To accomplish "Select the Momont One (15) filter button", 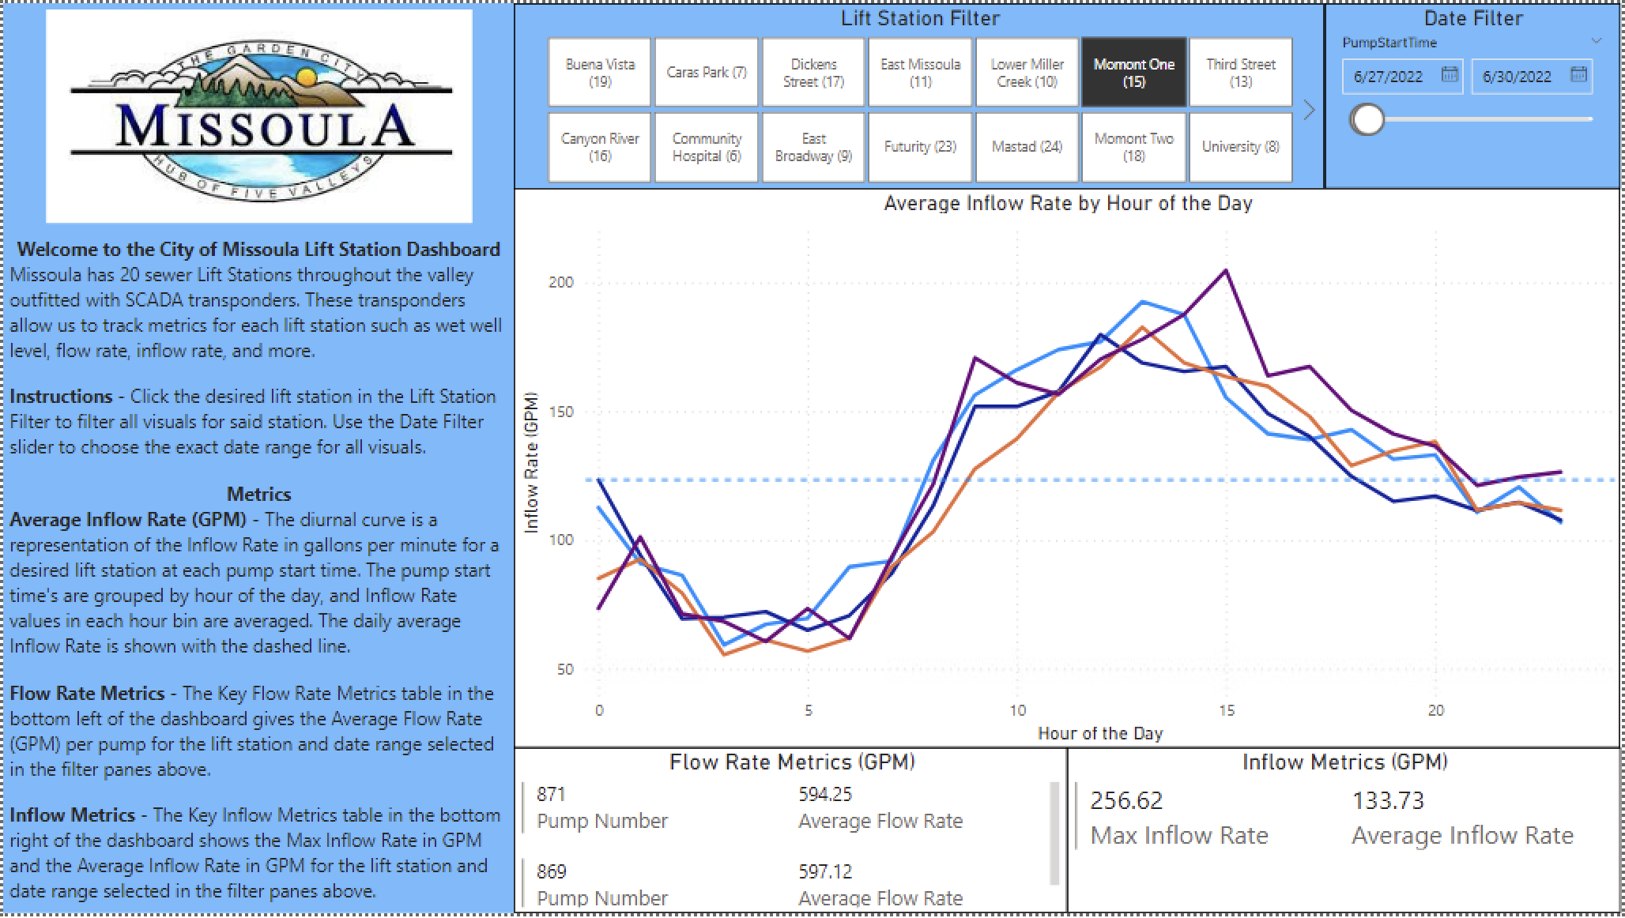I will click(1133, 73).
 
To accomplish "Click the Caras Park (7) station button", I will click(706, 73).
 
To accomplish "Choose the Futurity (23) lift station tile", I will click(920, 147).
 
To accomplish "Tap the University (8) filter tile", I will click(1240, 147).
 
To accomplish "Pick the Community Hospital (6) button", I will click(706, 147).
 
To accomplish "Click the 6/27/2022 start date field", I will click(1389, 77).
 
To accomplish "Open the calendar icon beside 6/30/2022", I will click(1578, 75).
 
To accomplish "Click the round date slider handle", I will click(1367, 119).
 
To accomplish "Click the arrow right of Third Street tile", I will click(1308, 110).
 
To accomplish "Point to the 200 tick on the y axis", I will click(560, 283).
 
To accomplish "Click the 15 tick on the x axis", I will click(1226, 711).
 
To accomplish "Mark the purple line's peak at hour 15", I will click(1226, 271).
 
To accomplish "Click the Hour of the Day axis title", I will click(1099, 734).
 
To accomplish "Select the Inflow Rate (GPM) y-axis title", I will click(531, 462).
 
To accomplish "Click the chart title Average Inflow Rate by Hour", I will click(1068, 204).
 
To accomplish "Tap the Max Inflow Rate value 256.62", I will click(1126, 801).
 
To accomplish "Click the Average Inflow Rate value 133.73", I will click(1388, 801).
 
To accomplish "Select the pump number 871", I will click(551, 794).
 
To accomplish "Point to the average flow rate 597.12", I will click(825, 872).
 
